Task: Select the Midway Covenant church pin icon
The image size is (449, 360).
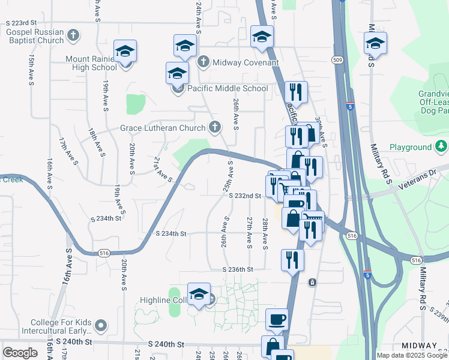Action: (203, 62)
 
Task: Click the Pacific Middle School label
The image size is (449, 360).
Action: (228, 88)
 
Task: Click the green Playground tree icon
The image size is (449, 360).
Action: (442, 146)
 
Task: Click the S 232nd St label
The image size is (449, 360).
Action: (248, 196)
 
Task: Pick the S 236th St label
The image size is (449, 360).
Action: (239, 270)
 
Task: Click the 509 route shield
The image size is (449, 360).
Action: (339, 59)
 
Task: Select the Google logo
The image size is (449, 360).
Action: (20, 353)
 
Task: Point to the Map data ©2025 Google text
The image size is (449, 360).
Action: (412, 355)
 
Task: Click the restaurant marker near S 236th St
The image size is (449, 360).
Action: (292, 260)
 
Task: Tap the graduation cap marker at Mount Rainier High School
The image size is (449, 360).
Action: (125, 51)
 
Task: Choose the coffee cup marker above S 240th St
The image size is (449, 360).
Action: (277, 319)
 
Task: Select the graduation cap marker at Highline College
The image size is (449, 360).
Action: (199, 294)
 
